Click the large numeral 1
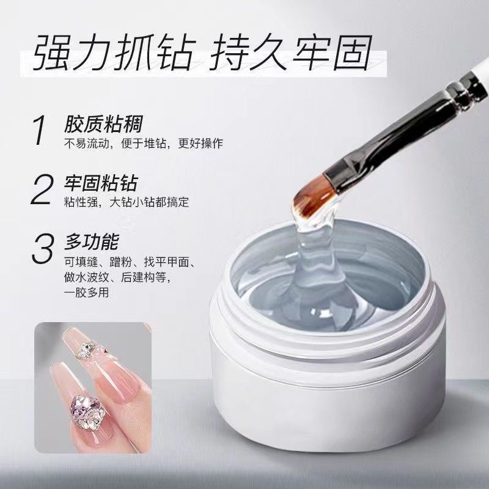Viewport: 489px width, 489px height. pos(39,130)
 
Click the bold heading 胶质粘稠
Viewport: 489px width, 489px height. pos(103,124)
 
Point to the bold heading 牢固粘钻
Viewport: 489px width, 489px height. pos(101,183)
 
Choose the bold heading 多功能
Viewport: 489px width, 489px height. pos(91,241)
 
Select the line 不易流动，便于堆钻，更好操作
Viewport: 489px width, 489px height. pos(144,144)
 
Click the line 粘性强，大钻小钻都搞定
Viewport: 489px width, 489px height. pos(127,202)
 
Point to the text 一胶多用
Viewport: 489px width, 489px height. pos(86,293)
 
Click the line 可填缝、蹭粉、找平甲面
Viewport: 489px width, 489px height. pos(130,262)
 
